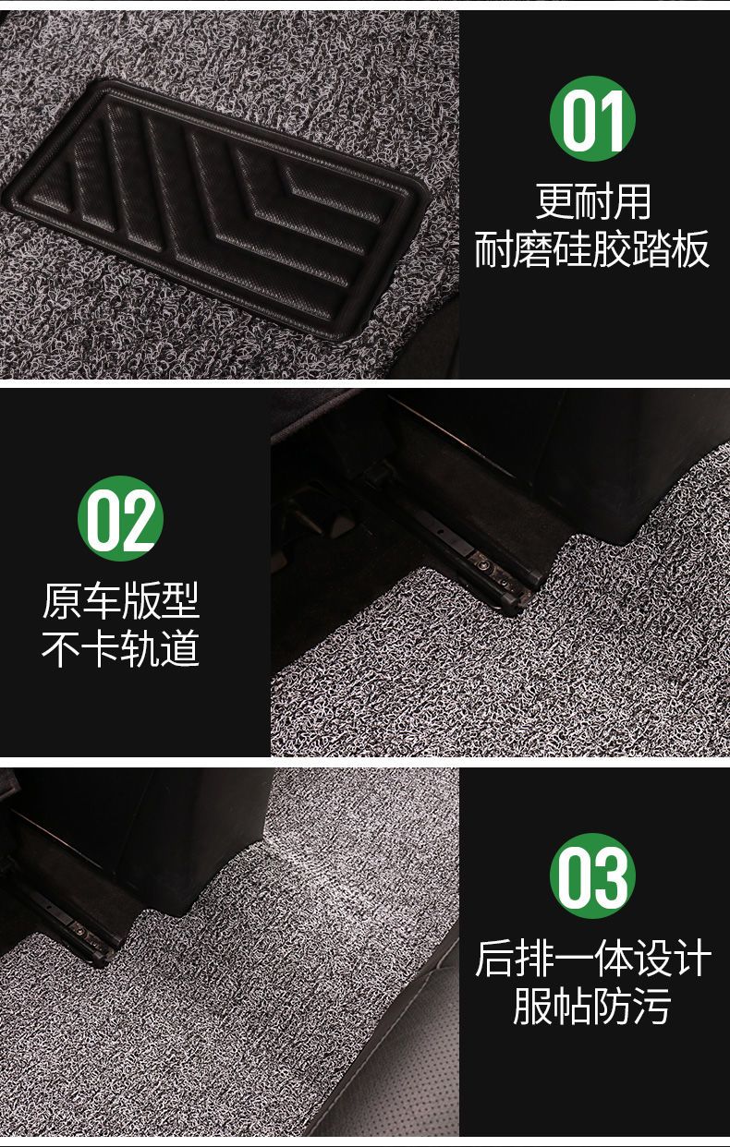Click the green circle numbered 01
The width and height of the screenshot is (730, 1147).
[592, 119]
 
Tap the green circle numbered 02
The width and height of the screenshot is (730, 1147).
[120, 518]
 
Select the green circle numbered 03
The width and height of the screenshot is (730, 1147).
[592, 875]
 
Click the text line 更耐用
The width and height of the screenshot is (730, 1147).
[592, 201]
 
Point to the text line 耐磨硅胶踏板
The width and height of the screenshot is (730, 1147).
[592, 249]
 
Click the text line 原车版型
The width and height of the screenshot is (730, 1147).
[120, 600]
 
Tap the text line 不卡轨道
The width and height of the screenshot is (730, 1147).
[120, 648]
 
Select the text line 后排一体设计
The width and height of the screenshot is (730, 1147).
[592, 958]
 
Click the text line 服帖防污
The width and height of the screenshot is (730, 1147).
[592, 1006]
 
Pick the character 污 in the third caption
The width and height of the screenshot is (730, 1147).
[651, 1006]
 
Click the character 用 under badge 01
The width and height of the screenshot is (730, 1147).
[632, 201]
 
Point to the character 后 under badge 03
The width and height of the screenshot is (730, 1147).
[494, 958]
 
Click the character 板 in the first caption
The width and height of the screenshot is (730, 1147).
[690, 249]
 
